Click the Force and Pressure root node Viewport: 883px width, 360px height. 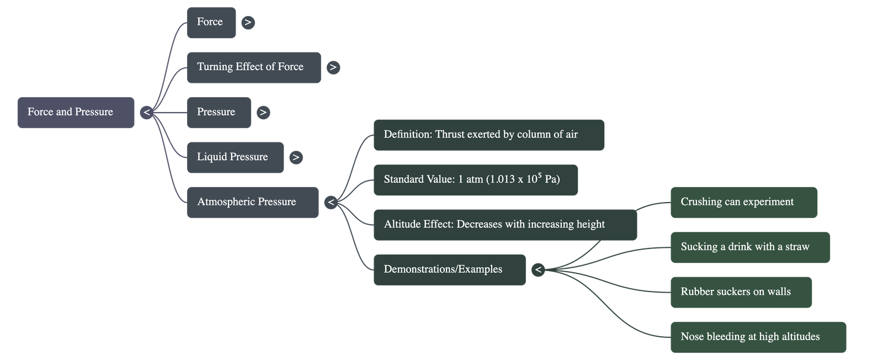[76, 113]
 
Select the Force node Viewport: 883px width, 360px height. [211, 23]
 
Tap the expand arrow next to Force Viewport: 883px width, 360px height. [248, 23]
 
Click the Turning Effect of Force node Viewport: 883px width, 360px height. [253, 67]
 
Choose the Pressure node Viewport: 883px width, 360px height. [219, 113]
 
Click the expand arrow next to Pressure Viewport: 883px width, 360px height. [263, 113]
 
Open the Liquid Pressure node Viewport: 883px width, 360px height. [235, 157]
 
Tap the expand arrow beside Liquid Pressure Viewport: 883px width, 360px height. [296, 157]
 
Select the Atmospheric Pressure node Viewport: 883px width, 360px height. [252, 202]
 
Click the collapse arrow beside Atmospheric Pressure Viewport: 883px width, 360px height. [331, 202]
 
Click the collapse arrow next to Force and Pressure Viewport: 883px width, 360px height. [146, 113]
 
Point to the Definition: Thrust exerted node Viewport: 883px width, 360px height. [488, 135]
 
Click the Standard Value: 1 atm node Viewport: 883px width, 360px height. [475, 180]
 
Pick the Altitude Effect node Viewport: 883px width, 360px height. [504, 225]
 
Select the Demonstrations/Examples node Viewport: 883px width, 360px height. [449, 269]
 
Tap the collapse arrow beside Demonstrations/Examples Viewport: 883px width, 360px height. [538, 269]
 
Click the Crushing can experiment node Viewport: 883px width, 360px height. [743, 202]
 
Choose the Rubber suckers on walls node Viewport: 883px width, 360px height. [741, 292]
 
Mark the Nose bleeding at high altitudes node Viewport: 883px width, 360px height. [758, 337]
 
